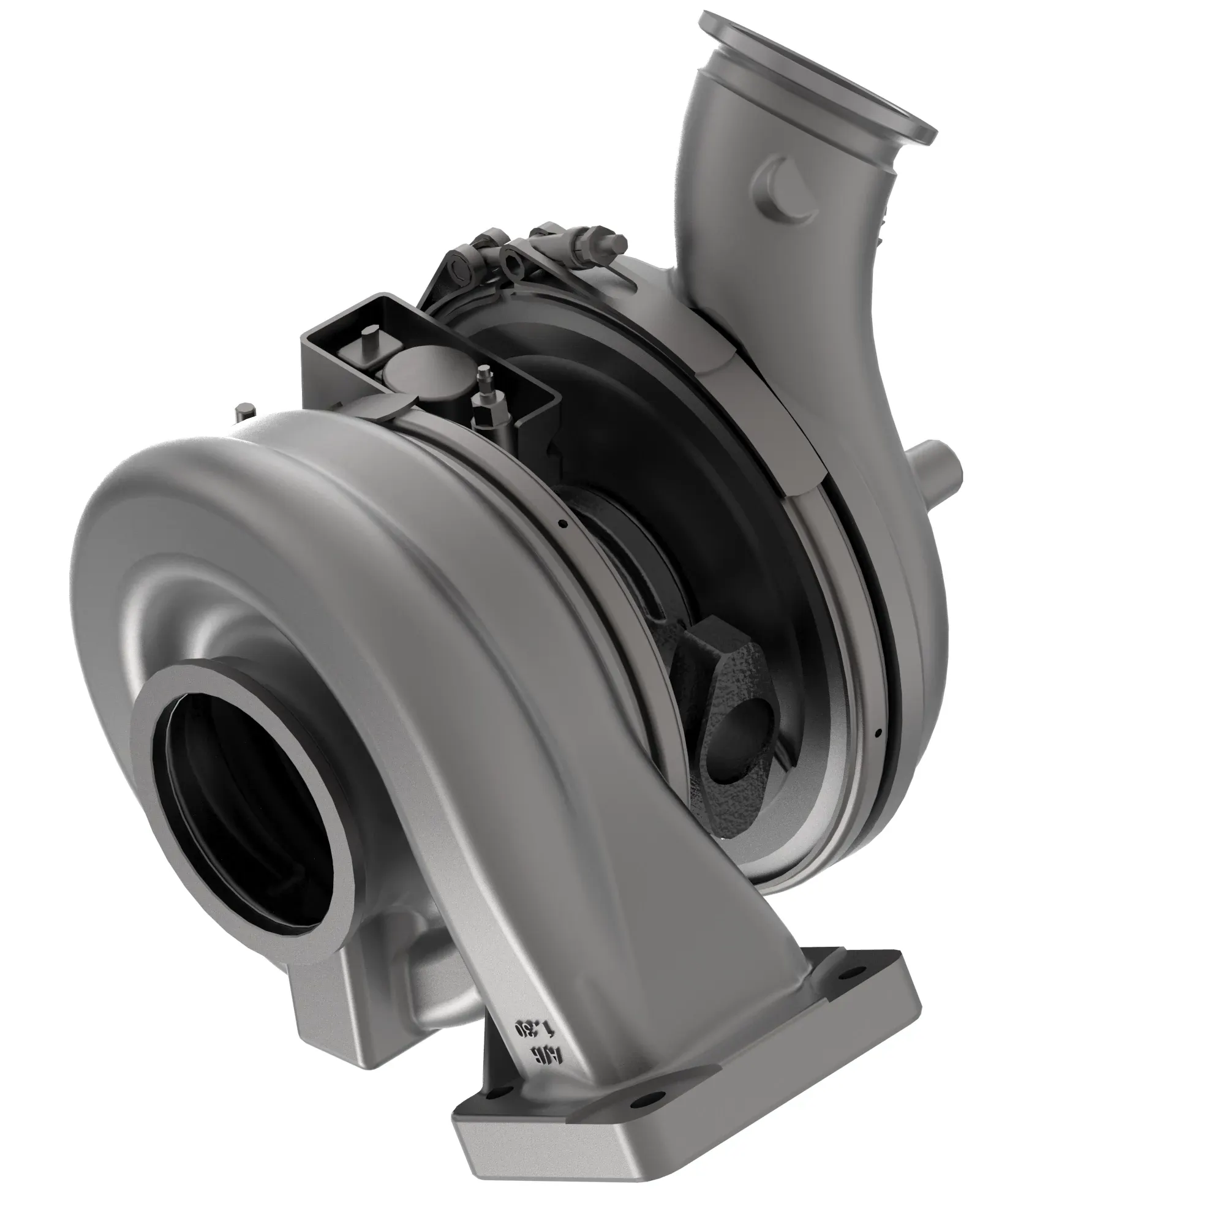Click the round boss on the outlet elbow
[785, 194]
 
